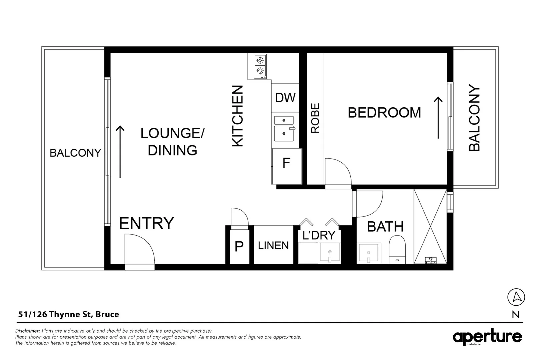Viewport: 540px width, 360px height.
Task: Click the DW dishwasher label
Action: tap(285, 98)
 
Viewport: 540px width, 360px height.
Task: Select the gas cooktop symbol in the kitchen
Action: tap(260, 66)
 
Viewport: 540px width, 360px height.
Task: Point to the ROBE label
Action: tap(315, 118)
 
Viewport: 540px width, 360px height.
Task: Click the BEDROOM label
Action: tap(384, 113)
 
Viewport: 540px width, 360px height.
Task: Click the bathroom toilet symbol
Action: tap(397, 249)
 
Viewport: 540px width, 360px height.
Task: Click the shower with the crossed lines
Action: tap(430, 227)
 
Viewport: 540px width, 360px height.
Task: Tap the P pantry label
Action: tap(239, 247)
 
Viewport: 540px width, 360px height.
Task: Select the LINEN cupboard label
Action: tap(273, 246)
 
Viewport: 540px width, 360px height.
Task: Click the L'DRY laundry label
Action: tap(319, 235)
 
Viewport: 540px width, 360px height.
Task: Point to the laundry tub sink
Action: tap(330, 253)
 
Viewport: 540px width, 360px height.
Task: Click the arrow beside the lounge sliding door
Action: tap(120, 152)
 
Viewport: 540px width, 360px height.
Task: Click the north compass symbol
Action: tap(516, 297)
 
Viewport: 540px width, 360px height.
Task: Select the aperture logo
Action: tap(487, 337)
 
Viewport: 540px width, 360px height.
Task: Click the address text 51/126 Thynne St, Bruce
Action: tap(69, 314)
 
